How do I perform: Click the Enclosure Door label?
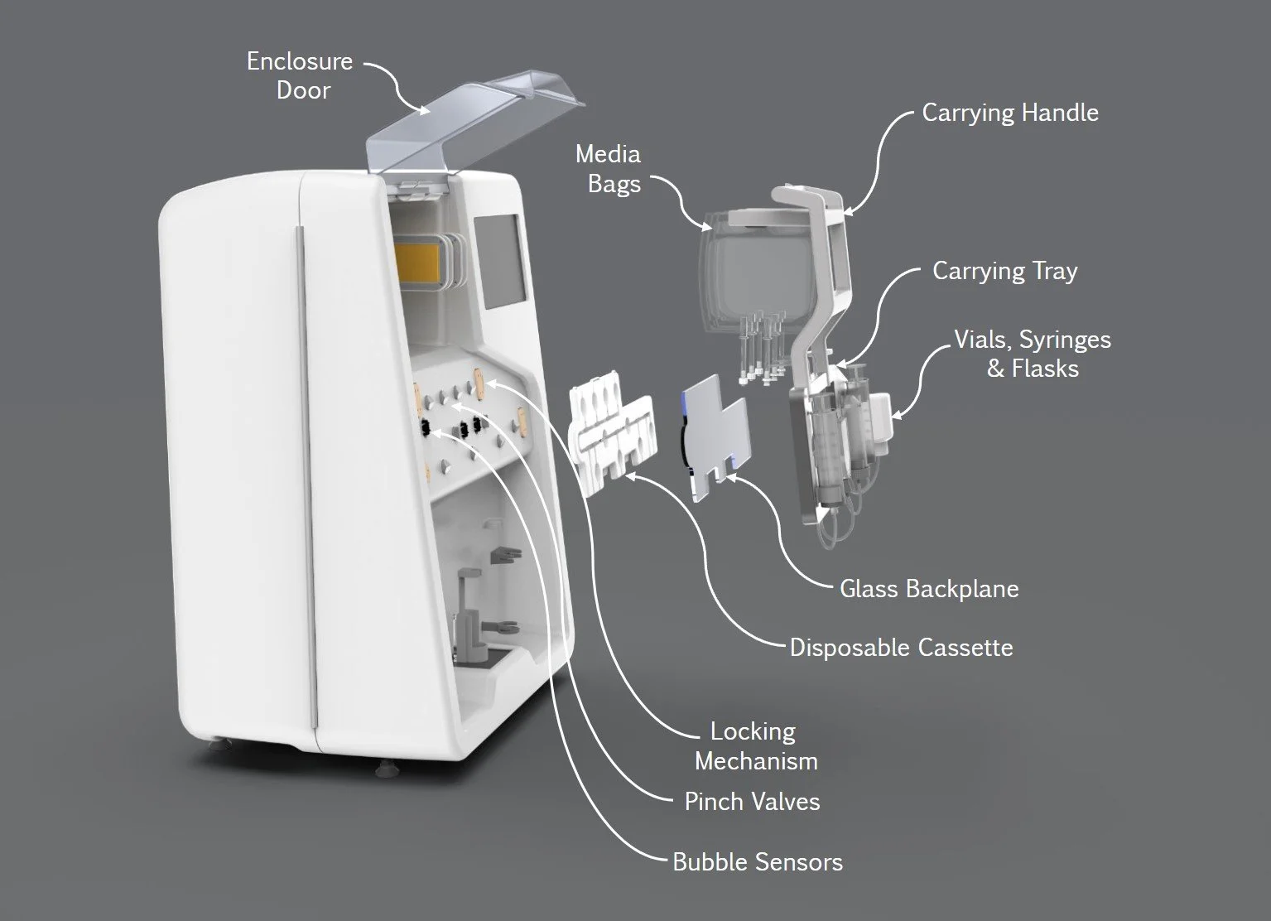coord(300,75)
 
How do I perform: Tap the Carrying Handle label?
coord(1010,113)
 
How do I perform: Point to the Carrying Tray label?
coord(1004,271)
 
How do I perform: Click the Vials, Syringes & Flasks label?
coord(1032,354)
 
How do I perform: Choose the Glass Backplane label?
coord(929,589)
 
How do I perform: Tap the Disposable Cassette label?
coord(901,647)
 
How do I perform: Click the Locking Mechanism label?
coord(755,745)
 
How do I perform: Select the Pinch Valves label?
coord(752,801)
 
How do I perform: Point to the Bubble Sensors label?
coord(757,861)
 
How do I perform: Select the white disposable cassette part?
coord(609,431)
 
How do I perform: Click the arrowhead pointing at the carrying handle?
coord(849,211)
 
